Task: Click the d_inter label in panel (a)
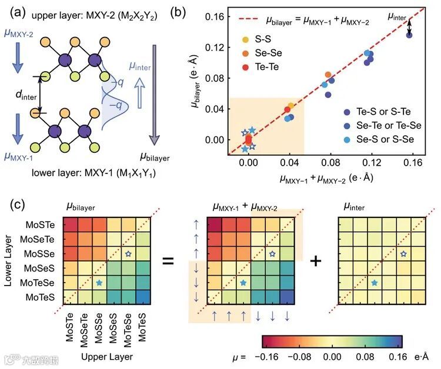tap(24, 92)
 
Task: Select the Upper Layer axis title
tap(108, 356)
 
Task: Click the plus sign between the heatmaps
tap(317, 260)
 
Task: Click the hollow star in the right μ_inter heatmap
tap(403, 254)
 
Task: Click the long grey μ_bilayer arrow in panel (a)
tap(155, 94)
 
